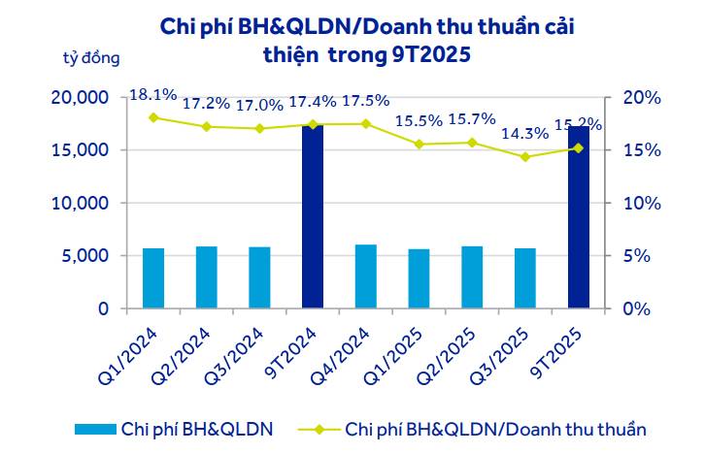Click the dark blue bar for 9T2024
click(x=313, y=216)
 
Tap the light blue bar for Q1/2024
click(x=153, y=278)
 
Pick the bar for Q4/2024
click(x=366, y=276)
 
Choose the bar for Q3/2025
click(x=525, y=278)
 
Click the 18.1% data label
click(x=153, y=95)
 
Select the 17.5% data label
click(x=366, y=101)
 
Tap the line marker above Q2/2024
click(x=207, y=126)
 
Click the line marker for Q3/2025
click(x=525, y=156)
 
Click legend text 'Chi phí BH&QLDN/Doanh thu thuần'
click(x=495, y=428)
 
